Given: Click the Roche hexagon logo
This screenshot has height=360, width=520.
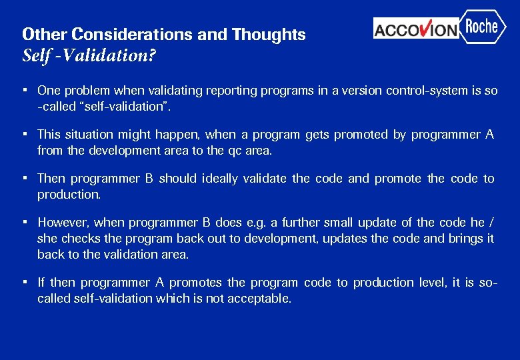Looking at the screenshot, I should coord(482,27).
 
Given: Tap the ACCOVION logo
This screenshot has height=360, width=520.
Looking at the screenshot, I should coord(416,29).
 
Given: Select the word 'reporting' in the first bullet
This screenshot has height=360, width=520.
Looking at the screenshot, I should coord(217,91).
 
